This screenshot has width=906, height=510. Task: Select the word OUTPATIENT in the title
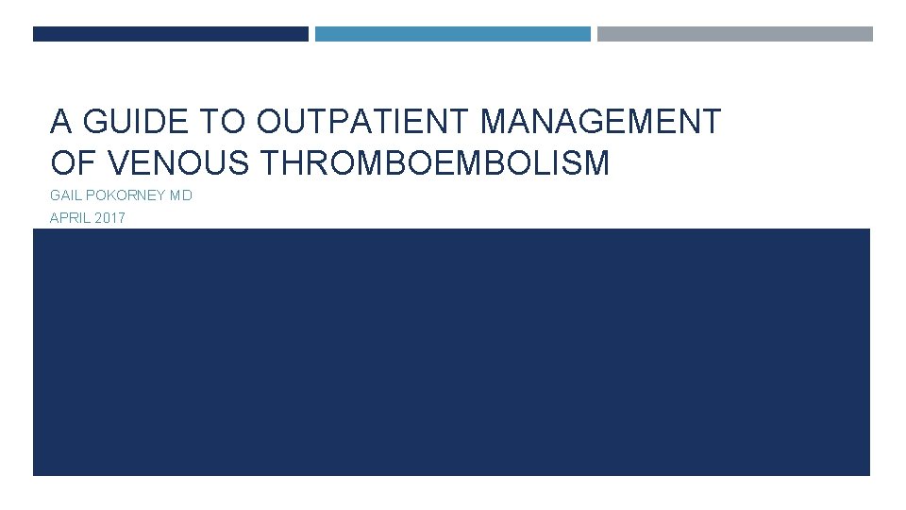363,123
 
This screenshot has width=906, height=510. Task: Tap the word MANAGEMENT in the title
600,123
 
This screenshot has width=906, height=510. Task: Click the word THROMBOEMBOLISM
434,163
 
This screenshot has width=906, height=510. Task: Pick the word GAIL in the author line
66,197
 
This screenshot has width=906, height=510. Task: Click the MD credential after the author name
180,197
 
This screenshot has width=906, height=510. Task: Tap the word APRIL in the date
68,218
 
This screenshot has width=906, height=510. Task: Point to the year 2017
109,218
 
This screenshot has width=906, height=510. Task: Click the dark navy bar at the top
170,34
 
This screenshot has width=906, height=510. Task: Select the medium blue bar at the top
452,34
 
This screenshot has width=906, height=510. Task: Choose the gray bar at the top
734,34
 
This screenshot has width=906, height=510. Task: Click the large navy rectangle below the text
451,351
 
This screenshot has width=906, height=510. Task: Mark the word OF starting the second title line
75,163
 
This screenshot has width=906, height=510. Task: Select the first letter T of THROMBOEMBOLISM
267,163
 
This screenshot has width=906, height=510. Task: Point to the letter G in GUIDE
95,123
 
